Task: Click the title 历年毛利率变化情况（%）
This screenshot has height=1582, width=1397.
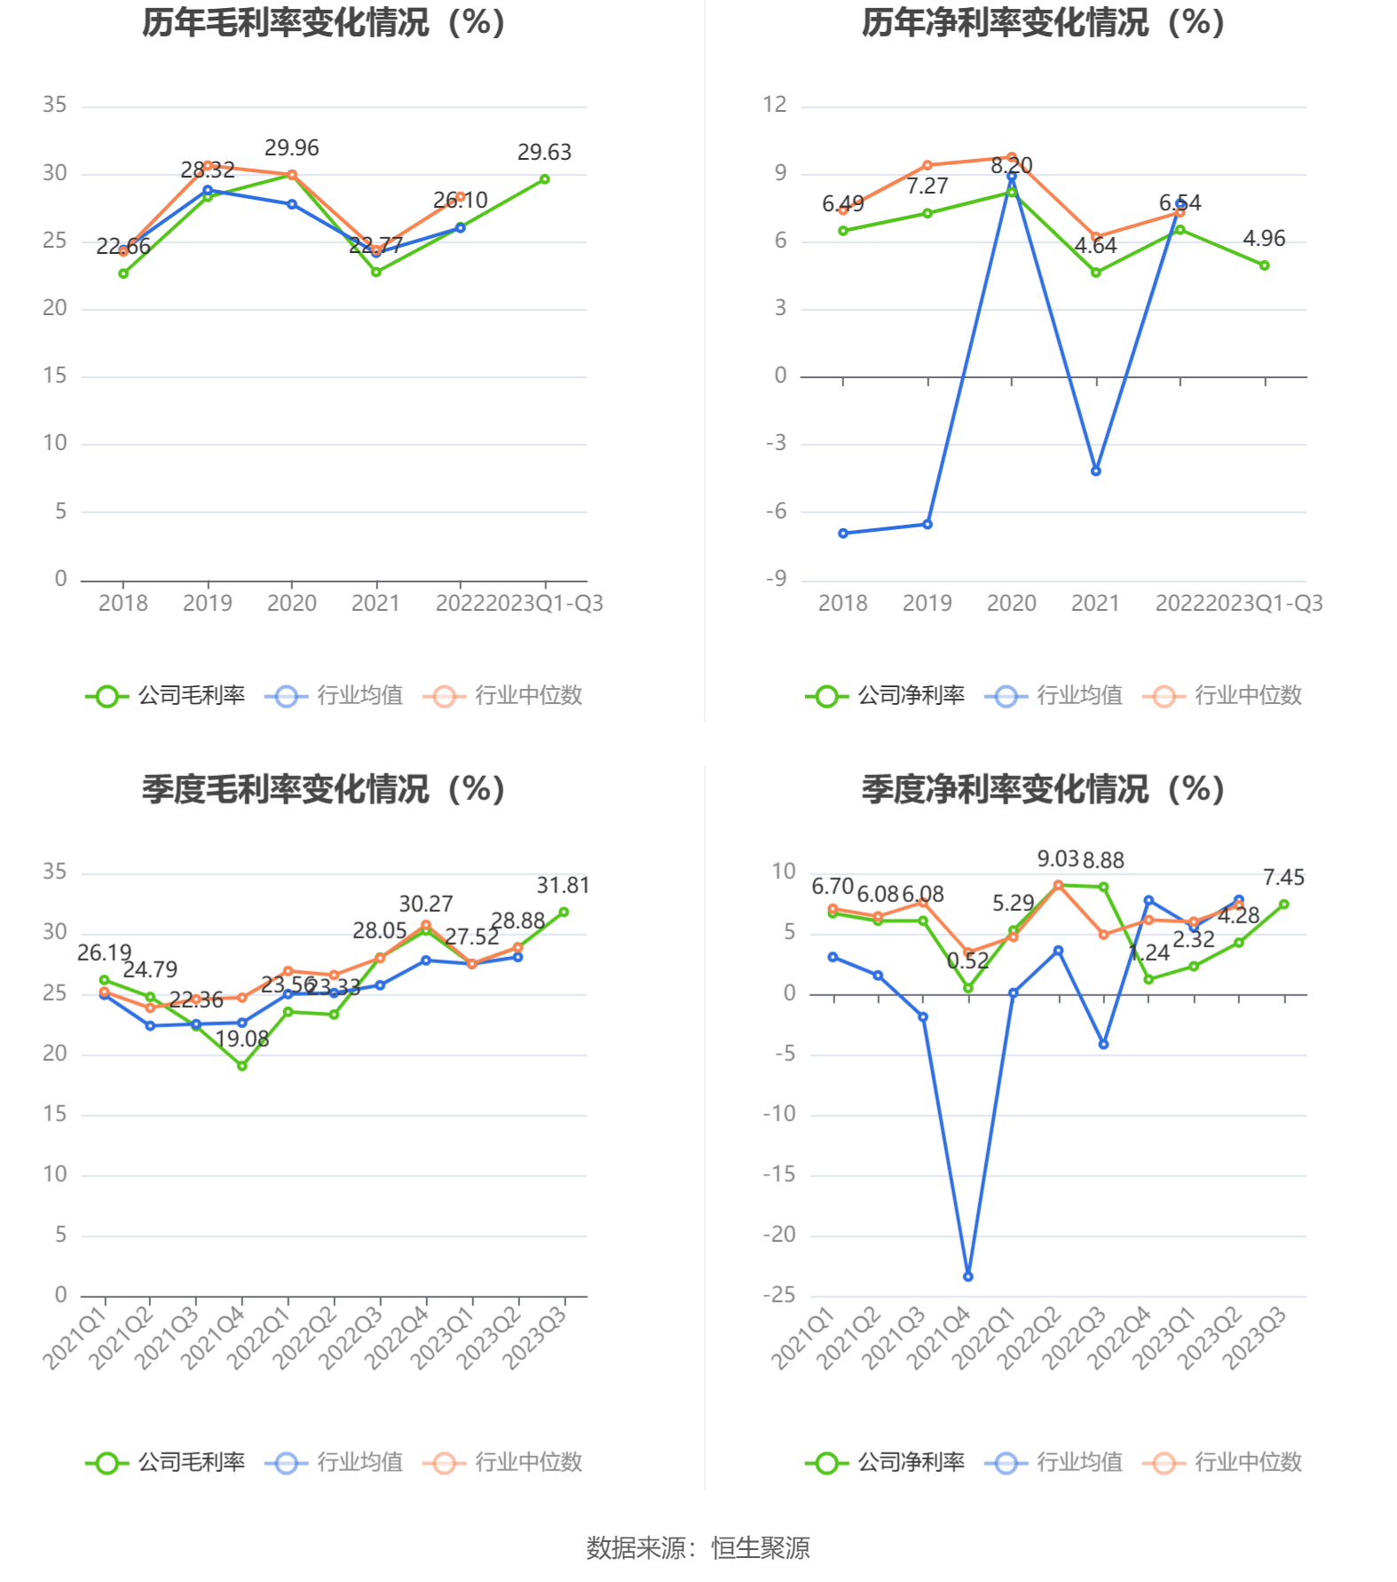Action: (x=324, y=23)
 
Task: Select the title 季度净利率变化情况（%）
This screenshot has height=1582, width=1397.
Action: (x=1043, y=789)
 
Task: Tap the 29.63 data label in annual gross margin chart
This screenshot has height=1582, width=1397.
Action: (x=544, y=152)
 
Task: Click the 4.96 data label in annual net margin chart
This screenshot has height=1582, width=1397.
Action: (x=1264, y=238)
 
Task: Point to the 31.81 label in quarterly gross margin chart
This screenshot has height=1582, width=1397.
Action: (x=563, y=885)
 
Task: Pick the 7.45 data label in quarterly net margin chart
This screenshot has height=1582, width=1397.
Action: (x=1283, y=877)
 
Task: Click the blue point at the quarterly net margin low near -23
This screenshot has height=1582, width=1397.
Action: (x=968, y=1277)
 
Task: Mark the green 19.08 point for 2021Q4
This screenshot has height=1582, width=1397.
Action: (x=241, y=1065)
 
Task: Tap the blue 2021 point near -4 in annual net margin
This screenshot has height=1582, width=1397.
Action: (x=1096, y=471)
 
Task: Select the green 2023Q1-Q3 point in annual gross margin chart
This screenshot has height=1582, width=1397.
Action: (x=545, y=179)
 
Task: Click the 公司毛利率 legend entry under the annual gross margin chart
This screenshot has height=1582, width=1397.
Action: (x=166, y=695)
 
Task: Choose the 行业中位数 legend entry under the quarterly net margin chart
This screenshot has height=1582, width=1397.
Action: (x=1223, y=1462)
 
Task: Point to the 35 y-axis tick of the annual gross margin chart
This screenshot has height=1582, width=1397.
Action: (x=55, y=105)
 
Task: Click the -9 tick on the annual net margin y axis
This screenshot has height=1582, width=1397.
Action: (x=776, y=579)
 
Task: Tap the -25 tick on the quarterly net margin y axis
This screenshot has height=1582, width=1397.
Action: (x=778, y=1294)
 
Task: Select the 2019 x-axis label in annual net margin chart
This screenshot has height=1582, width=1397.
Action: (x=927, y=604)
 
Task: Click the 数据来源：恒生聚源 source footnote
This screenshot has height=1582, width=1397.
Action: (x=698, y=1548)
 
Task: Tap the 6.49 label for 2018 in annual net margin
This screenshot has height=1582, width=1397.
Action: (x=842, y=204)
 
